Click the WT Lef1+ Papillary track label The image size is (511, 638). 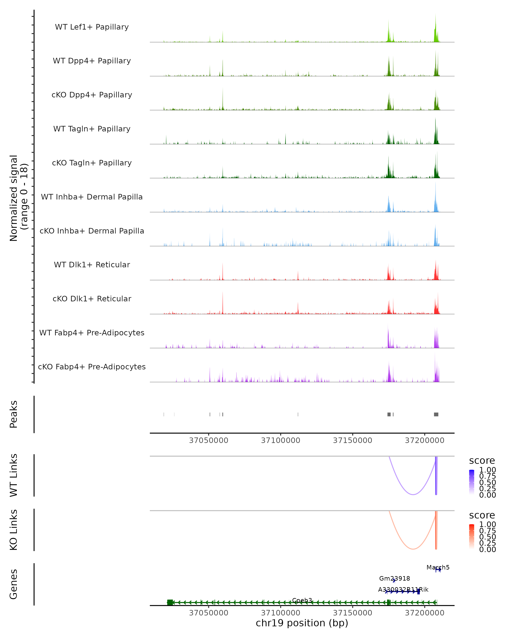click(x=92, y=27)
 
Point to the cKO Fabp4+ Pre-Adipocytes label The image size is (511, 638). click(x=92, y=367)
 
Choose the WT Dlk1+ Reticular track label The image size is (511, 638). click(x=92, y=265)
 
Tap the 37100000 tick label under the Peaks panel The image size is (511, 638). click(x=281, y=440)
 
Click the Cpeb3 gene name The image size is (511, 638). click(x=302, y=600)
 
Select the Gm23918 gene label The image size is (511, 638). click(x=395, y=578)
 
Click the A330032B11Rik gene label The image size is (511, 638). click(x=403, y=590)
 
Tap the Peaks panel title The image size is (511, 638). click(x=14, y=414)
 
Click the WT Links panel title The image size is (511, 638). click(x=14, y=475)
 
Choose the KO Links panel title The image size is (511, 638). click(x=14, y=530)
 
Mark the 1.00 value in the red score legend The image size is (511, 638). click(x=488, y=524)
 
